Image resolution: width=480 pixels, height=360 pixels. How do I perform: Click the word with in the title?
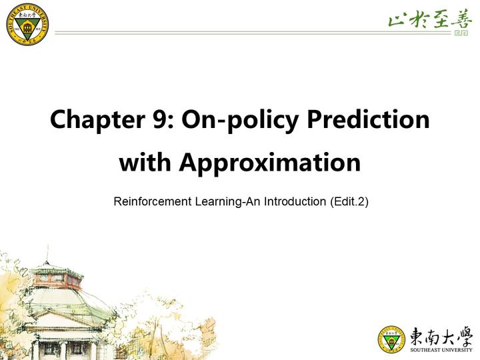click(x=145, y=163)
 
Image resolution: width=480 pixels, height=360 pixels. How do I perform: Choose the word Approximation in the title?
click(x=269, y=163)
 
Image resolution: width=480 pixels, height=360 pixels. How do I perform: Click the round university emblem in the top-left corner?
click(x=27, y=24)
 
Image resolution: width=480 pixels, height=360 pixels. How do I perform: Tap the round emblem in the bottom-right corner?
click(x=391, y=339)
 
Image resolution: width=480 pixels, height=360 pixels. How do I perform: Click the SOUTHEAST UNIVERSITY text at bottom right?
click(x=441, y=350)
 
